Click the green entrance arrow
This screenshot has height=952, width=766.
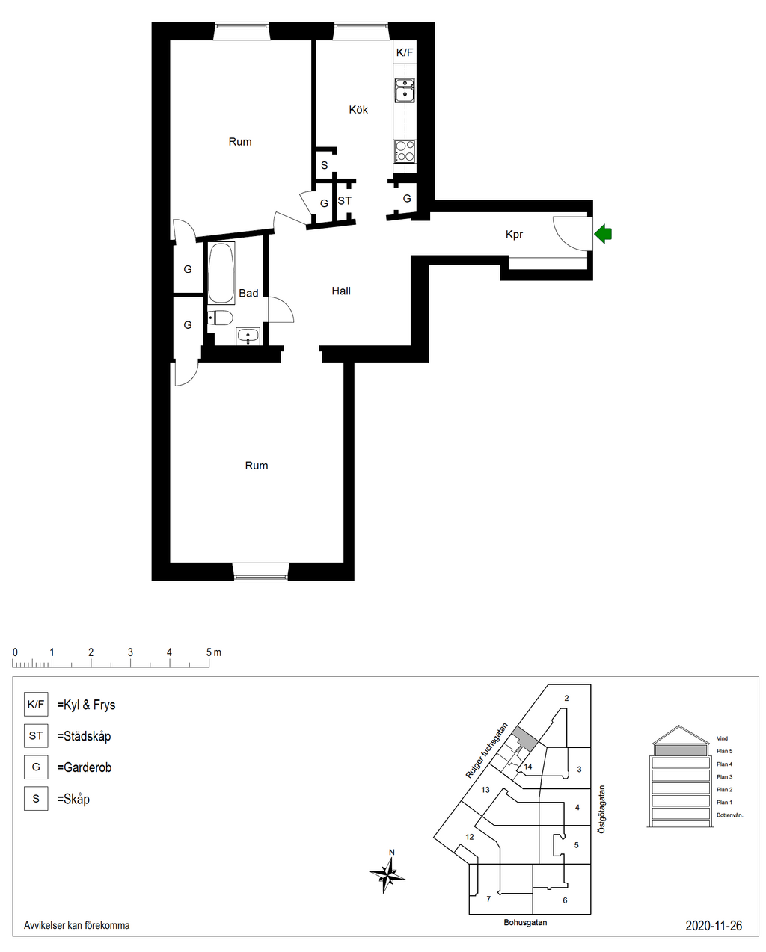[602, 233]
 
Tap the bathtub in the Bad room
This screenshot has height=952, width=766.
[221, 272]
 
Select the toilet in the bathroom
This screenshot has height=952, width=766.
[220, 318]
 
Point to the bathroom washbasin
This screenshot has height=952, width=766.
[248, 336]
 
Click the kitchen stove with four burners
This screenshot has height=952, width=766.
[405, 152]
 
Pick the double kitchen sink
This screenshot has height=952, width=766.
[405, 90]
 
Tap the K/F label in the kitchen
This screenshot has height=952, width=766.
[405, 52]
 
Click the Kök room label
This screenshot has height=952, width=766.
[358, 109]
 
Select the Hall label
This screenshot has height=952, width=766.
[340, 291]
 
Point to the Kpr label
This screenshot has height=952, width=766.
[514, 234]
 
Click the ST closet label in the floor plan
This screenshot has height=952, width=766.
[344, 201]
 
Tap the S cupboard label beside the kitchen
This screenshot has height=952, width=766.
[325, 165]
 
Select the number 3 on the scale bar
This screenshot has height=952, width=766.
[130, 652]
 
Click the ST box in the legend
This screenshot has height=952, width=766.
[36, 736]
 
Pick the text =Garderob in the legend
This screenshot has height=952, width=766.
[85, 767]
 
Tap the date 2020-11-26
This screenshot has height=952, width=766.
[714, 925]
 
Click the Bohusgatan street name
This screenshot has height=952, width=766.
[525, 922]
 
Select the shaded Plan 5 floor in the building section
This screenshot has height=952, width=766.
[681, 750]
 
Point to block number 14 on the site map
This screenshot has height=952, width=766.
[527, 767]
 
